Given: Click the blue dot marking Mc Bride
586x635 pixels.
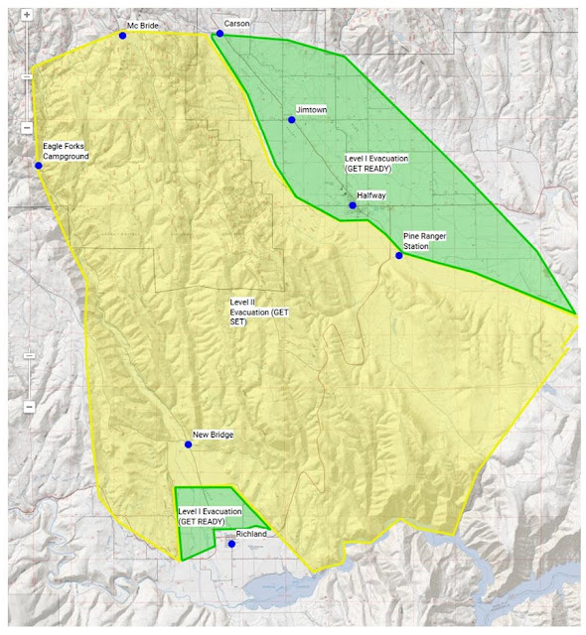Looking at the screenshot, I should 122,35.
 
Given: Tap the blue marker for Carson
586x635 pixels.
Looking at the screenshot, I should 220,33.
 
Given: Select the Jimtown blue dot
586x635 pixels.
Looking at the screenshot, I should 292,120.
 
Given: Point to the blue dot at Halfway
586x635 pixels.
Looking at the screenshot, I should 353,205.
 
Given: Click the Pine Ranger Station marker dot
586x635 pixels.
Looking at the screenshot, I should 399,255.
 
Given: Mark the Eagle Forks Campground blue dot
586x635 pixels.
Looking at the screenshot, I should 39,166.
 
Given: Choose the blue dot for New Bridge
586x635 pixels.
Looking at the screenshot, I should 189,444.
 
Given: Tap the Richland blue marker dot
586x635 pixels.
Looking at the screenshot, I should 232,544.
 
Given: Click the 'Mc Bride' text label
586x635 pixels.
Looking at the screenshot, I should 142,26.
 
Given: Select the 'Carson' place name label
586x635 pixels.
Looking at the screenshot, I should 237,23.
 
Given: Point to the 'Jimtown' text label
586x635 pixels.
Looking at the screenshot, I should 311,110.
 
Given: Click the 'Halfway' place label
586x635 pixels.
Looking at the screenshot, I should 371,196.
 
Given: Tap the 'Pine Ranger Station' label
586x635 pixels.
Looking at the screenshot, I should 424,240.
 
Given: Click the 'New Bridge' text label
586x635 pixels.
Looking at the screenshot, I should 213,435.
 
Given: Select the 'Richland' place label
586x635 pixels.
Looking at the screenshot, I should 253,535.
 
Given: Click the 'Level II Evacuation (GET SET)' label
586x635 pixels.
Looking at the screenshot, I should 258,310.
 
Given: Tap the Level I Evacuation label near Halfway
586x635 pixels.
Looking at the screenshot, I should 376,164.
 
